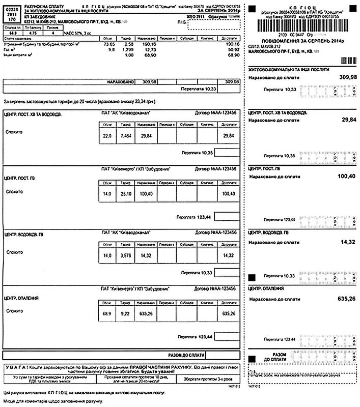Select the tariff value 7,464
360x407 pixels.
[x=125, y=136]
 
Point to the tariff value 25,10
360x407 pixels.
[x=125, y=194]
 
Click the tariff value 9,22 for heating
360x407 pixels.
[x=125, y=314]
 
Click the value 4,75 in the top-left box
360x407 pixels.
[x=34, y=33]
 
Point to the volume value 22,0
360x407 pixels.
[x=107, y=136]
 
